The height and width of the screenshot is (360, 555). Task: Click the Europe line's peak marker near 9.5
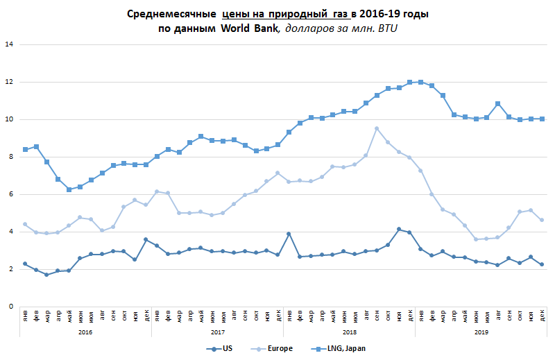[377, 128]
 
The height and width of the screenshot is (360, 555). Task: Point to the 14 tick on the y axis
[9, 45]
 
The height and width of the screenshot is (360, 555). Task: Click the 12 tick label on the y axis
[9, 83]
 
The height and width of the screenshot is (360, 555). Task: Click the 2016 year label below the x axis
[85, 332]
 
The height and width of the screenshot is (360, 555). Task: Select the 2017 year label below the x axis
[217, 332]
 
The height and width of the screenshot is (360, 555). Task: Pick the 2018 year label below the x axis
[349, 332]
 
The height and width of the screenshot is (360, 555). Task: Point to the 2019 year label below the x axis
[481, 332]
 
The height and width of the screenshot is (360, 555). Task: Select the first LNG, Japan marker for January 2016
[25, 149]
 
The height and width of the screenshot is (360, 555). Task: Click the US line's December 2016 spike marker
[146, 239]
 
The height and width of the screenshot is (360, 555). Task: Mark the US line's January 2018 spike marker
[289, 234]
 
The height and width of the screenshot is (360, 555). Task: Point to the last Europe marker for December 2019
[541, 220]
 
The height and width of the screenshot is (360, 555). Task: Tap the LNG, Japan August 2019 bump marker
[497, 103]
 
